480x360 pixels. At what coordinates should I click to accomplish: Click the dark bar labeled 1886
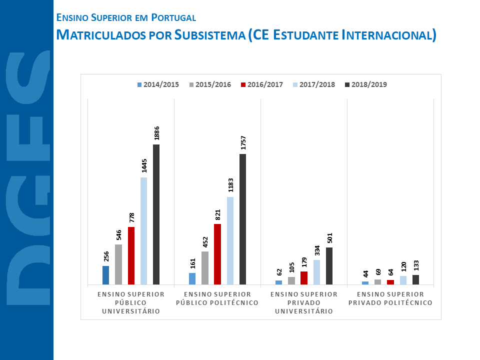click(x=156, y=214)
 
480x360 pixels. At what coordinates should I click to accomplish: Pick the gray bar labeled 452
click(x=205, y=267)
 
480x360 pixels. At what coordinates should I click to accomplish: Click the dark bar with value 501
click(x=329, y=266)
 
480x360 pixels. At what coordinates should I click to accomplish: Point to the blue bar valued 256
click(x=105, y=275)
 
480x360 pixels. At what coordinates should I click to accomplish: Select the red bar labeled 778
click(x=131, y=255)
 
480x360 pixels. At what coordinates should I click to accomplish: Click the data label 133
click(x=415, y=265)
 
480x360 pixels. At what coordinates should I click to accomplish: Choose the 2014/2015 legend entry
click(x=158, y=84)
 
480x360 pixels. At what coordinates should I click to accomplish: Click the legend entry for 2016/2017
click(x=261, y=84)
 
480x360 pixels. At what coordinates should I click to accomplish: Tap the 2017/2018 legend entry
click(x=313, y=84)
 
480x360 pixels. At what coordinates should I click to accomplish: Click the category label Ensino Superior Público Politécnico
click(x=217, y=298)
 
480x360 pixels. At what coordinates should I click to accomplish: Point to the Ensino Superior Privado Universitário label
click(x=304, y=302)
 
